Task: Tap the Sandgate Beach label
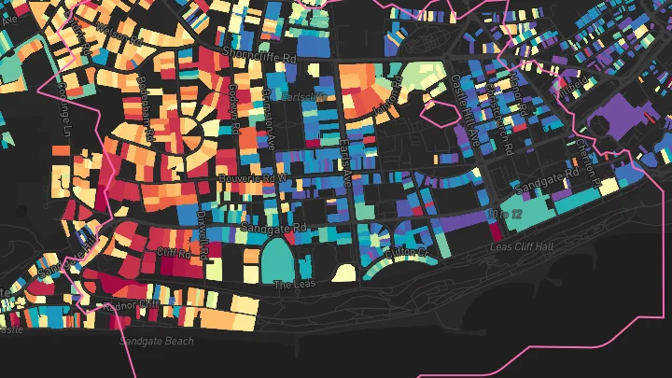[157, 341]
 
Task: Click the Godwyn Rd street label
[234, 109]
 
